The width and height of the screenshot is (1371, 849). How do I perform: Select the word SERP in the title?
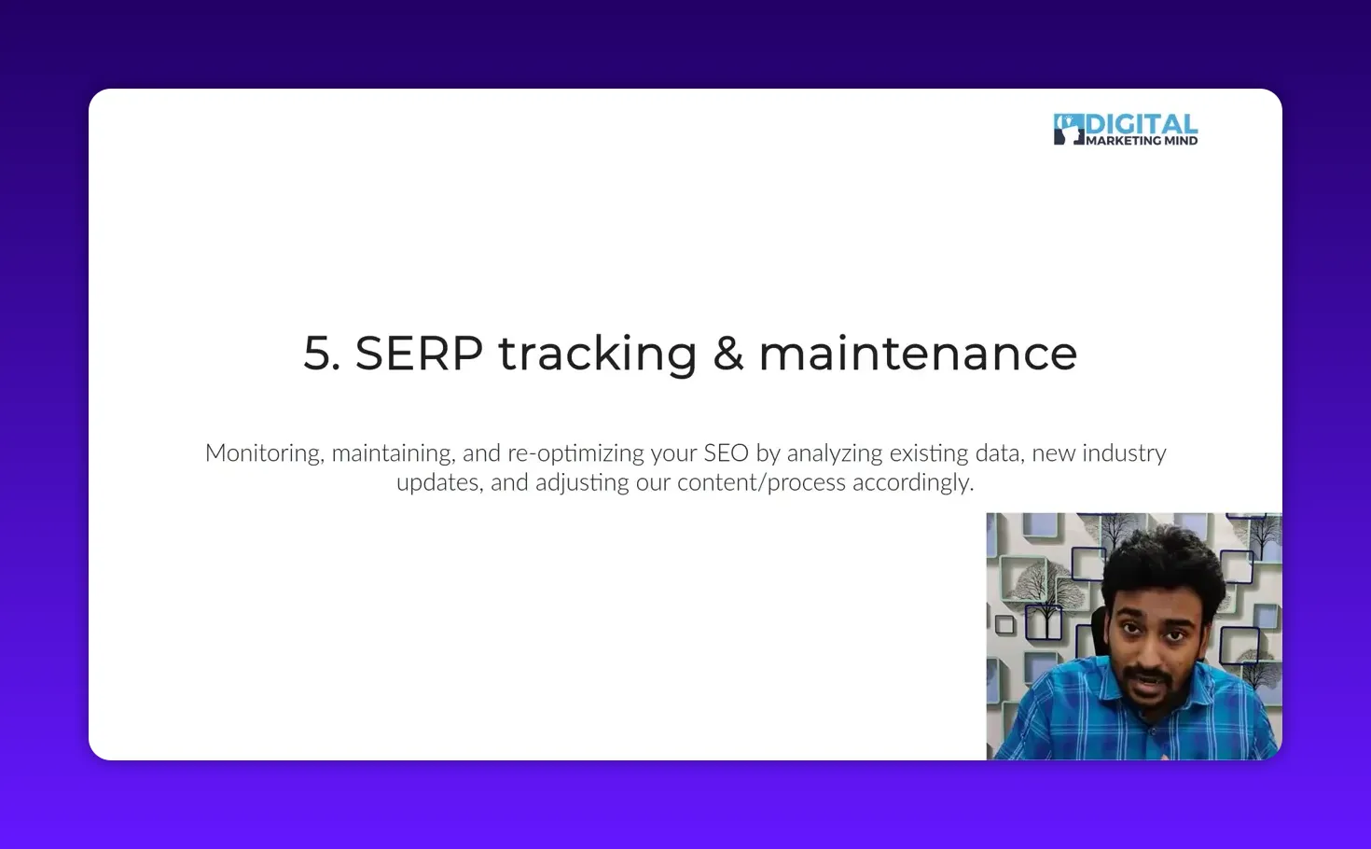click(419, 355)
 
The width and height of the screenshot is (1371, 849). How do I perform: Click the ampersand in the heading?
click(727, 355)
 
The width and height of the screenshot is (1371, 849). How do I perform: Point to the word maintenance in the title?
click(918, 355)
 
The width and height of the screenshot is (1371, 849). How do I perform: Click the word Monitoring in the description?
click(264, 453)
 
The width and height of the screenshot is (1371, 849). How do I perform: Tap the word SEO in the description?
click(726, 453)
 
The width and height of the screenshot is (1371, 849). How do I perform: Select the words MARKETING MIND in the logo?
click(1142, 141)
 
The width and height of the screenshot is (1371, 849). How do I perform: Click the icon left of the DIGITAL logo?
click(1068, 130)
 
